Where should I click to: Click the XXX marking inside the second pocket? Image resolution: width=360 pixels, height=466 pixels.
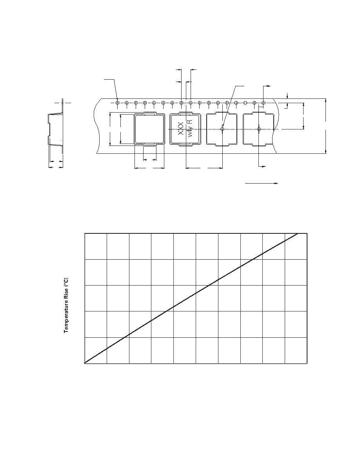pos(180,128)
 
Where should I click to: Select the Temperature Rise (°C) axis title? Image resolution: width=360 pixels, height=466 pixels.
pos(66,306)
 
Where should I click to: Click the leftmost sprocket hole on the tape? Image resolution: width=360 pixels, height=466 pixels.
pos(118,103)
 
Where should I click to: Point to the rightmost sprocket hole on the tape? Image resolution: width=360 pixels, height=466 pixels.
pos(263,103)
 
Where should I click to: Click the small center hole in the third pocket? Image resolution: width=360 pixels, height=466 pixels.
pos(222,129)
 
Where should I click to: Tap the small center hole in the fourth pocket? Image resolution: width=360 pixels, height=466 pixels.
pos(259,129)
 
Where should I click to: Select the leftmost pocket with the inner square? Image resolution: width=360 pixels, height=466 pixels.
pos(149,129)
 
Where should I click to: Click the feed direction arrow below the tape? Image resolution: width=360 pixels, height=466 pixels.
pos(262,183)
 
